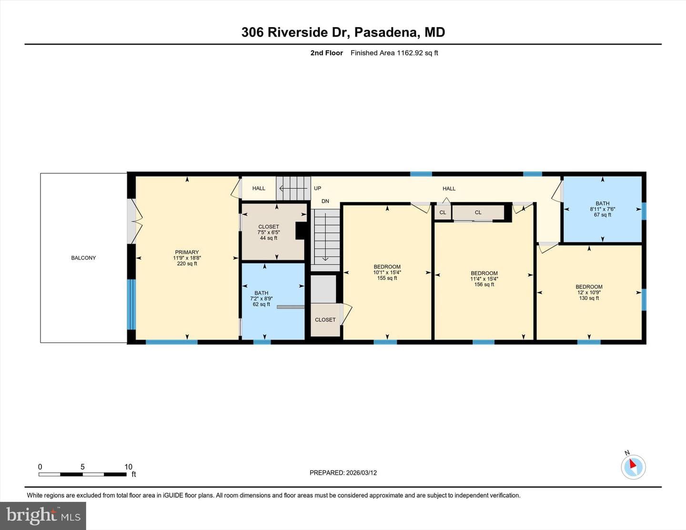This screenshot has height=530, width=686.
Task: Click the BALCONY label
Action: click(x=83, y=258)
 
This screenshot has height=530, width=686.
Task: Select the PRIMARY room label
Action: click(x=187, y=252)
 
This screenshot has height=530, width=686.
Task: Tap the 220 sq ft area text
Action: click(x=187, y=263)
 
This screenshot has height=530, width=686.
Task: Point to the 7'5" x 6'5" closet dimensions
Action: click(x=268, y=232)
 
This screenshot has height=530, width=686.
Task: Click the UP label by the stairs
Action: click(x=317, y=189)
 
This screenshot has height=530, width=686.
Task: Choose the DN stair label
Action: click(x=325, y=201)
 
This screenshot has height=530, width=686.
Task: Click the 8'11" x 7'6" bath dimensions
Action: click(x=602, y=209)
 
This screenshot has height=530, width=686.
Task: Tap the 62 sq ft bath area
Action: click(x=261, y=304)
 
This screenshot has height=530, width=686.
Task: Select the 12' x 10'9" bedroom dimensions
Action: click(x=589, y=292)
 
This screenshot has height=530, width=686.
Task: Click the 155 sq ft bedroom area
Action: click(x=387, y=278)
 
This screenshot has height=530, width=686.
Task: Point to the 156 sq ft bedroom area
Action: click(x=484, y=284)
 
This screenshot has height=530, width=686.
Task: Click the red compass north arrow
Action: click(x=633, y=463)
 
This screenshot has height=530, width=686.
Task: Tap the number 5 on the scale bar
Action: click(x=82, y=467)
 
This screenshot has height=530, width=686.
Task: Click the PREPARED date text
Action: click(x=343, y=472)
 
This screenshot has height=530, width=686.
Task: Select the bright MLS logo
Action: click(x=43, y=516)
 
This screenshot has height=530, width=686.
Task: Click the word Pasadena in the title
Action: click(x=387, y=32)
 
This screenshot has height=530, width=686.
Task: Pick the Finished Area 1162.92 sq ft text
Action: click(x=394, y=53)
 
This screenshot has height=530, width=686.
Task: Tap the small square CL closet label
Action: click(x=443, y=212)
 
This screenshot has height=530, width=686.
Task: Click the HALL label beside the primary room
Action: click(x=259, y=189)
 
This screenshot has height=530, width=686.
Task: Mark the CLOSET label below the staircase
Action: click(x=325, y=320)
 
